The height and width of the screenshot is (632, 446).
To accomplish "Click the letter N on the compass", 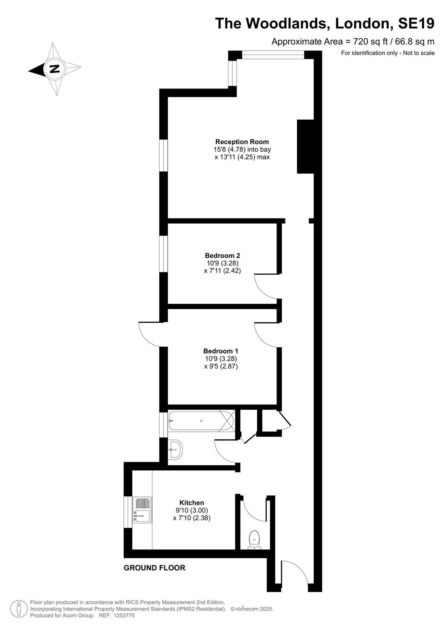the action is [54, 69].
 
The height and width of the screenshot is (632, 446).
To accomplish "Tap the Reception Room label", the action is [242, 142].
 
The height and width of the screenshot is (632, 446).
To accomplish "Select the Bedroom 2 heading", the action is [222, 256].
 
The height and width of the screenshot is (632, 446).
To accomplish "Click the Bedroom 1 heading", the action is [220, 351].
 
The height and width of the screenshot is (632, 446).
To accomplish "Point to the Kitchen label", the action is [192, 502].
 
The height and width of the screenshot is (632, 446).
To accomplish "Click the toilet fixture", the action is [254, 540].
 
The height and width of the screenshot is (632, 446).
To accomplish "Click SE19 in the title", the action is [416, 23].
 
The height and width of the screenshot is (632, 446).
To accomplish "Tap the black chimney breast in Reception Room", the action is [305, 147].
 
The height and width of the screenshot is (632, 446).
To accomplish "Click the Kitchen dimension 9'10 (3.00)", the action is [192, 510].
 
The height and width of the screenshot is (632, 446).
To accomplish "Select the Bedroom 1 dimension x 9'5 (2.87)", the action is [221, 366].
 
